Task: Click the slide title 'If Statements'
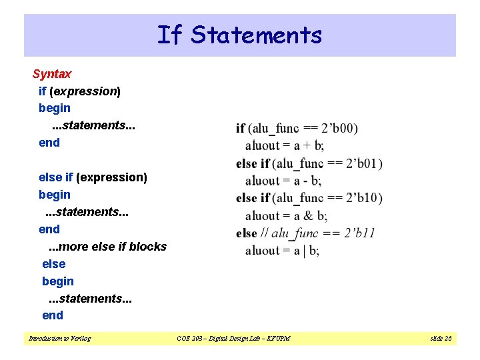click(239, 35)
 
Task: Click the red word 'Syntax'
click(52, 73)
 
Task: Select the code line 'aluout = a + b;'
click(285, 145)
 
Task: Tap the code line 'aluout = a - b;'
click(283, 181)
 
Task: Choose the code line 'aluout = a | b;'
click(282, 251)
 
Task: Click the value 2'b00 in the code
click(339, 128)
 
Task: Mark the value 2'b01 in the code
click(364, 163)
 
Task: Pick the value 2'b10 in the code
click(364, 198)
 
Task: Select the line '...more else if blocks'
click(104, 247)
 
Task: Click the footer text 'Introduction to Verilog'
click(60, 339)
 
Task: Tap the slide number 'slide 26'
click(441, 339)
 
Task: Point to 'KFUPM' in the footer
click(277, 339)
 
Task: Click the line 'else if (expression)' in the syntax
click(93, 177)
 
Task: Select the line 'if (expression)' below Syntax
click(79, 91)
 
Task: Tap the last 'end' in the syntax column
click(53, 315)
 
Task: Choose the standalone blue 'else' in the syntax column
click(54, 264)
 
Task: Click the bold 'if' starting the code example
click(240, 128)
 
